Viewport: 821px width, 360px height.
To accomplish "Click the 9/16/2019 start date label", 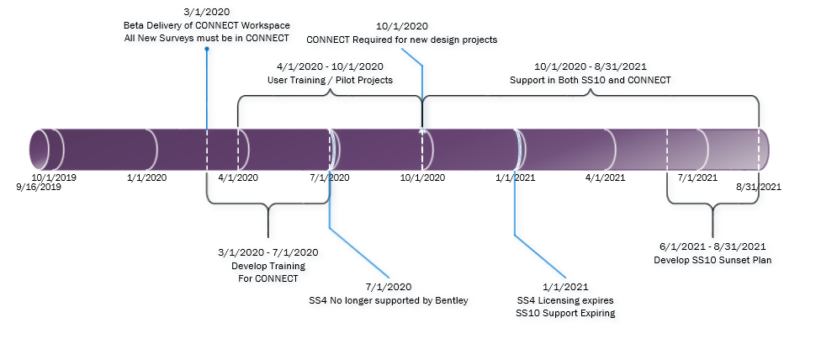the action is point(39,186).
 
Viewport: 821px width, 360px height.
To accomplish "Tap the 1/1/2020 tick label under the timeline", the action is point(147,177).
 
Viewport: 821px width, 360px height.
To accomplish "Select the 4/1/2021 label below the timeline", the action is point(606,177).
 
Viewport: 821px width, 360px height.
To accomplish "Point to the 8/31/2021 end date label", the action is point(759,186).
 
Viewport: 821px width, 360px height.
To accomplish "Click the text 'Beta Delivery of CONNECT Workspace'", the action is point(207,25).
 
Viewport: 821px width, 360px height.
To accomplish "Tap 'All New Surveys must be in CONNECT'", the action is point(207,38).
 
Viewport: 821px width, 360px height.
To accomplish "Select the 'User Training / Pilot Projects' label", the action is point(331,80).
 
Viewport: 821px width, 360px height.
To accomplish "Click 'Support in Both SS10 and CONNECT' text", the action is point(591,80).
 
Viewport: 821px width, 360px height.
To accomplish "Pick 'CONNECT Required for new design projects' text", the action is point(402,40).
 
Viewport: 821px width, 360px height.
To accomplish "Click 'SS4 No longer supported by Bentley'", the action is point(389,299).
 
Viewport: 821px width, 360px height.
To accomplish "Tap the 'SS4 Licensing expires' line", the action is point(565,300).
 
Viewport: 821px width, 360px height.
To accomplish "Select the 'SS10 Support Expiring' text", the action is point(565,313).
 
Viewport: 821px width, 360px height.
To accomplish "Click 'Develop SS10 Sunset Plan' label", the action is point(712,260).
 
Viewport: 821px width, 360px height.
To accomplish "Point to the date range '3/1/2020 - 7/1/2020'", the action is point(268,252).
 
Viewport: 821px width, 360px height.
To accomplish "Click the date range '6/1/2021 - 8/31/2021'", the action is point(712,246).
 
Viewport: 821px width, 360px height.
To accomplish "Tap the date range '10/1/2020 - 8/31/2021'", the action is point(591,67).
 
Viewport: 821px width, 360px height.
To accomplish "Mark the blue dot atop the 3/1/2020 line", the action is point(207,49).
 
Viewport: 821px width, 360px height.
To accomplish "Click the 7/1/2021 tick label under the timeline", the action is point(698,177).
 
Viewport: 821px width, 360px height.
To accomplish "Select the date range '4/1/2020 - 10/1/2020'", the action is point(331,67).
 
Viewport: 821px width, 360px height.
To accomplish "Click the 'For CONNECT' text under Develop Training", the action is point(268,278).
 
